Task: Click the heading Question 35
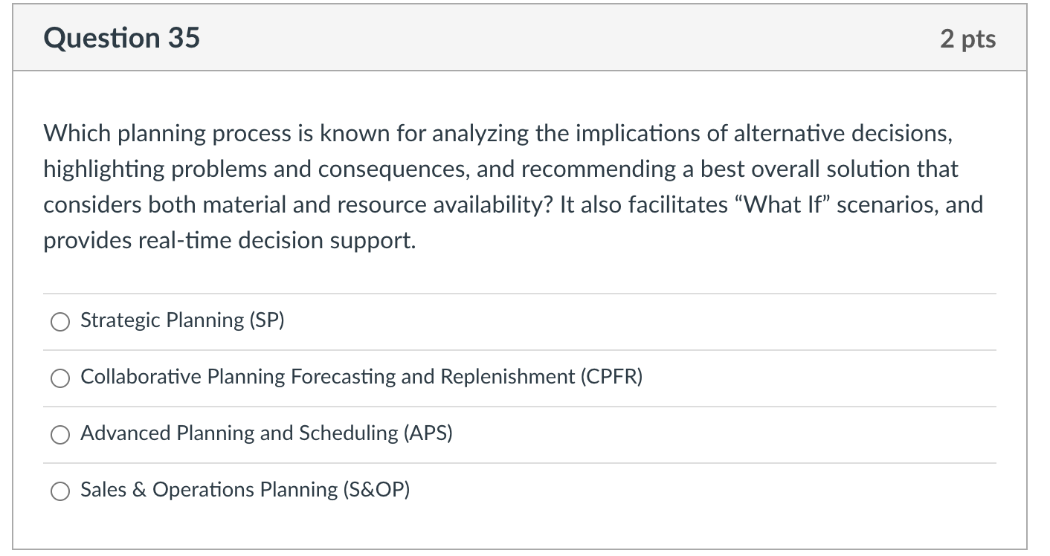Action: pos(121,38)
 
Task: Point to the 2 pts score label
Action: pos(967,39)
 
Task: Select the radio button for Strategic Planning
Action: pos(59,321)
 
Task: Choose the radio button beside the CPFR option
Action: pos(59,378)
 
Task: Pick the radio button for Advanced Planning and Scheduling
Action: pos(59,434)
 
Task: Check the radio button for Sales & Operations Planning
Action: pos(59,491)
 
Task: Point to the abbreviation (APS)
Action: pos(428,433)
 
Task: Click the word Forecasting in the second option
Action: pos(343,377)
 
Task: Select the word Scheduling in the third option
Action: pos(348,433)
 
